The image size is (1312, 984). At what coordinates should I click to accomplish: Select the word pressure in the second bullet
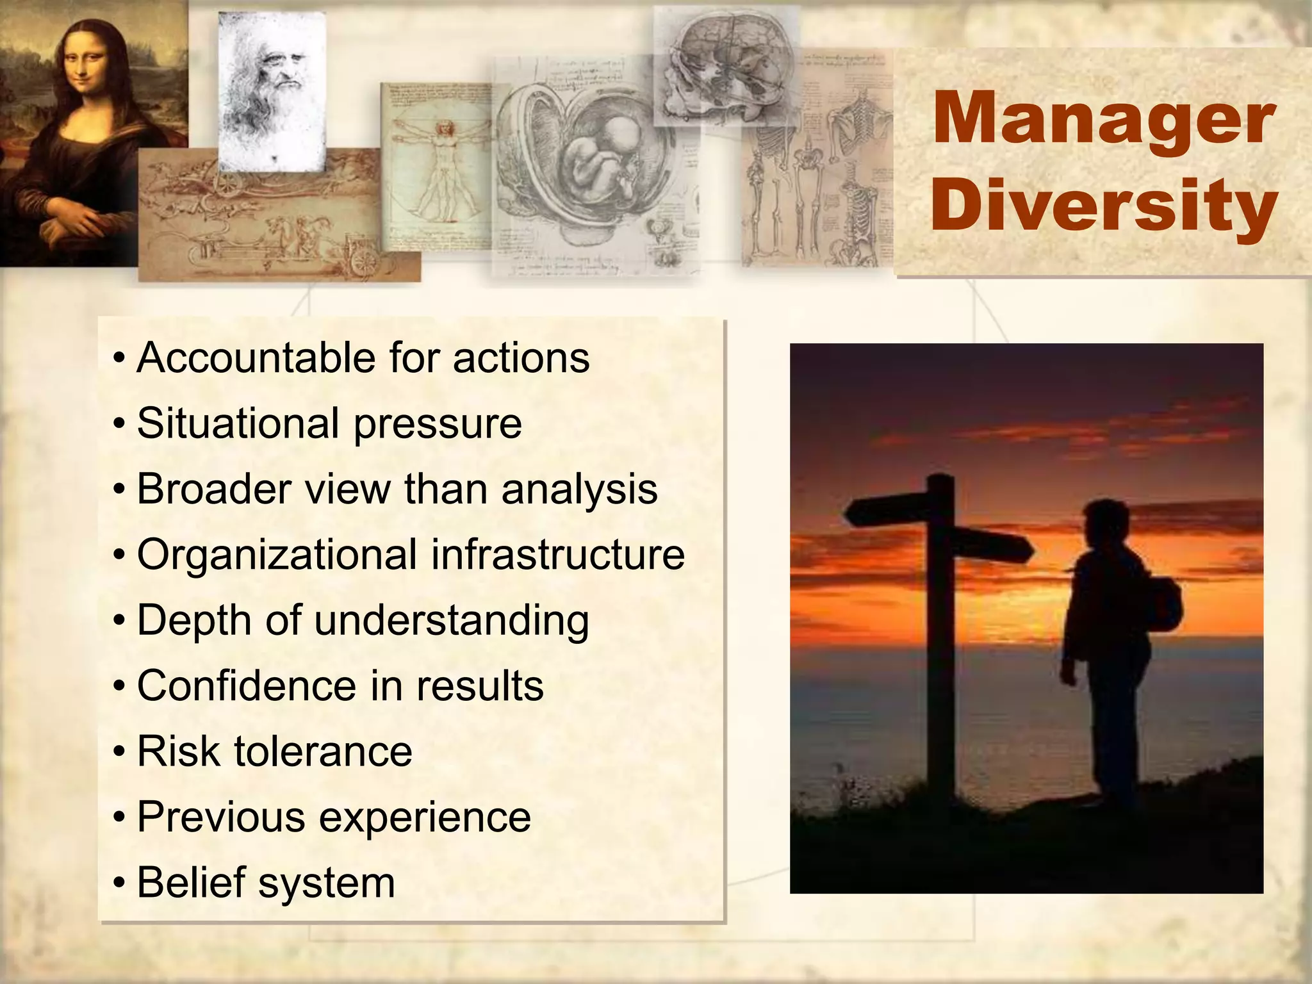pos(438,425)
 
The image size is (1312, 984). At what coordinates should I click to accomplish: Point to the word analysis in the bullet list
pos(579,490)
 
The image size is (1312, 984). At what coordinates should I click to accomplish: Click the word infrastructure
pos(557,555)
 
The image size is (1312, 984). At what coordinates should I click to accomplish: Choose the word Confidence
pos(247,686)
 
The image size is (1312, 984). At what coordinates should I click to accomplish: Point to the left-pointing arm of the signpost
pos(887,511)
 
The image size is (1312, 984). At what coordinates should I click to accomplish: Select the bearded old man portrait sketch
pos(272,90)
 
